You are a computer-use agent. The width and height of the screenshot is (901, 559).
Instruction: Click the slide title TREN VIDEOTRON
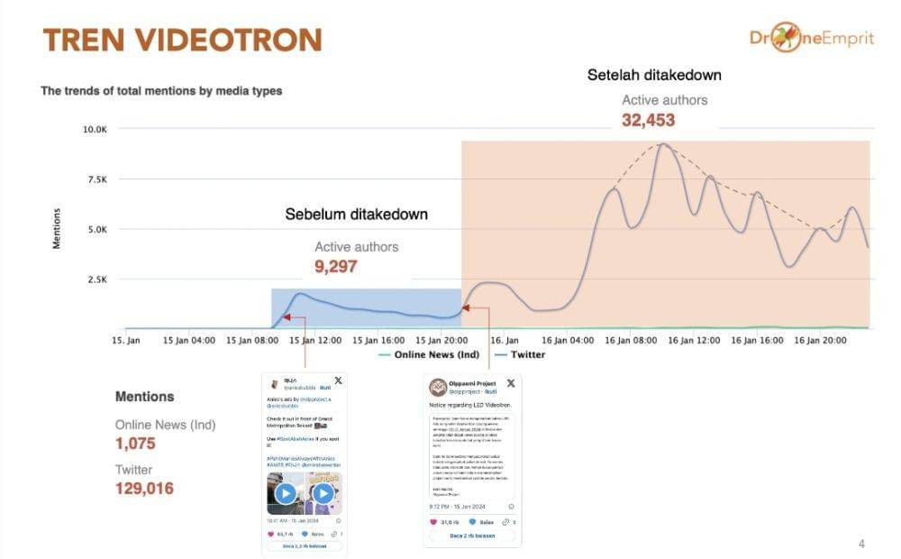[x=182, y=40]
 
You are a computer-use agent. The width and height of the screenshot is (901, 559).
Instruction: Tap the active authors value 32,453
[x=648, y=120]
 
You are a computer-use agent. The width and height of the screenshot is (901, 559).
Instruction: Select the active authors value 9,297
[x=335, y=266]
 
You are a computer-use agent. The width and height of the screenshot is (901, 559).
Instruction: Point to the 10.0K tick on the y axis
[x=96, y=129]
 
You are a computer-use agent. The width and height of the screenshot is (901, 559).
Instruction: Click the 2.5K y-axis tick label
[x=97, y=279]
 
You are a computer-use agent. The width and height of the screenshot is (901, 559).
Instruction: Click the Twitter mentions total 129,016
[x=144, y=489]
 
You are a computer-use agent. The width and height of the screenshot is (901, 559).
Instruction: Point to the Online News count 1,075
[x=135, y=443]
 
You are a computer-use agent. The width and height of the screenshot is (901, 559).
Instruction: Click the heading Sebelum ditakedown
[x=357, y=215]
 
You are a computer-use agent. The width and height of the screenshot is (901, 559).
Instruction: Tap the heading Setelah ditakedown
[x=654, y=76]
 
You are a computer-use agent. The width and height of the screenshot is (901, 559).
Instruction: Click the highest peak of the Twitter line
[x=664, y=144]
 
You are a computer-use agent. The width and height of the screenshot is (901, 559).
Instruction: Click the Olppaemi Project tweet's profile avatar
[x=438, y=388]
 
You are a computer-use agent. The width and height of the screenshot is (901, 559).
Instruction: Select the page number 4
[x=861, y=543]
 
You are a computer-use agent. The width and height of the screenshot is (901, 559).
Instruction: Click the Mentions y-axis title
[x=57, y=228]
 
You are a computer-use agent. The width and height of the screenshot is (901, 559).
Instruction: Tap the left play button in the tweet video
[x=285, y=493]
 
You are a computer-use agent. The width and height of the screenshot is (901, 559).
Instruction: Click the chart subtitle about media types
[x=161, y=91]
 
